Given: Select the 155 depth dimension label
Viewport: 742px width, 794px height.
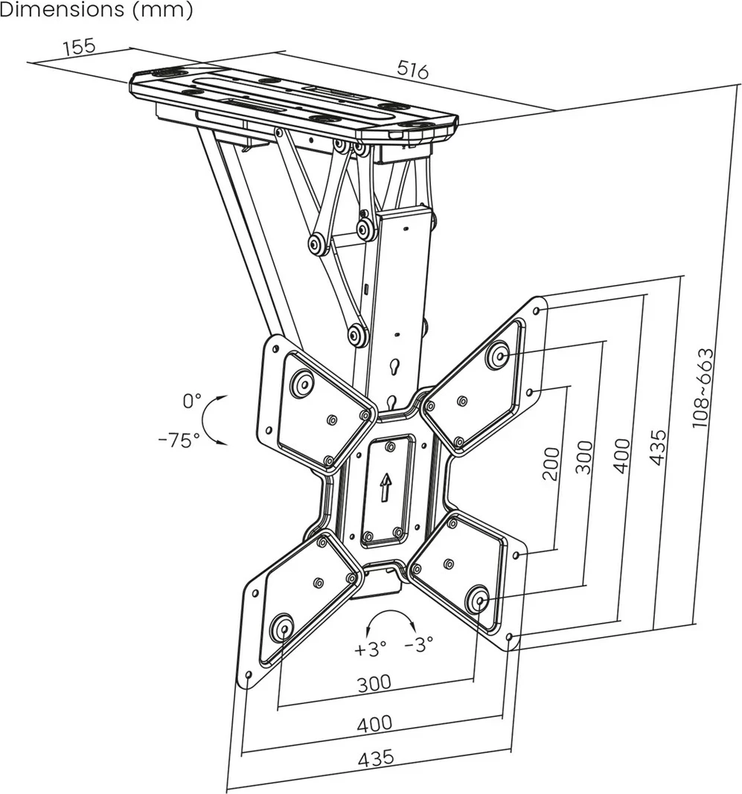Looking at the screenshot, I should point(79,46).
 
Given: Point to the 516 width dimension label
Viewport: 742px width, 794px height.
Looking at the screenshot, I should point(412,70).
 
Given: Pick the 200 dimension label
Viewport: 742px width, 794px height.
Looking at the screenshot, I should point(550,464).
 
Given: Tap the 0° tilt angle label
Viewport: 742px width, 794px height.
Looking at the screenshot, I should point(192,401).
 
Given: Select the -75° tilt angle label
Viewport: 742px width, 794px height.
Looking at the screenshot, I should point(179,440).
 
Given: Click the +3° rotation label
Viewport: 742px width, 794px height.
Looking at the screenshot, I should point(371,648).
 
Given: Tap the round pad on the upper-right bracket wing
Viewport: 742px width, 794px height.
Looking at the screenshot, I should point(497,355).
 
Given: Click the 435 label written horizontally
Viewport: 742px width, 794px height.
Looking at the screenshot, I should point(376,759).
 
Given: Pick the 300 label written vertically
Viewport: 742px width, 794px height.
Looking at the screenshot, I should point(585,458).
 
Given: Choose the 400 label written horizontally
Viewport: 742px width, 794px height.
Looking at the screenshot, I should point(374,723).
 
